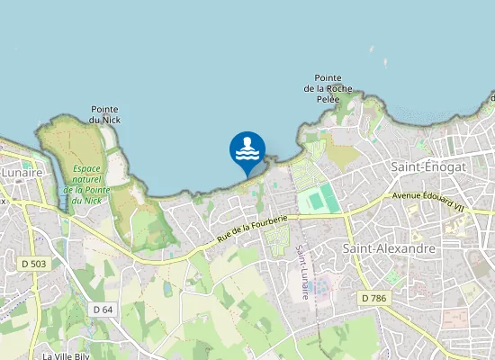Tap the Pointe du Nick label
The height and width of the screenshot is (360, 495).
[104, 113]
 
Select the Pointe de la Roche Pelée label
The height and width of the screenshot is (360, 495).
[328, 87]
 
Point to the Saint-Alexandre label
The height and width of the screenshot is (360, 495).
[390, 247]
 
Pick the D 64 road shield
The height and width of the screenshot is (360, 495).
[103, 309]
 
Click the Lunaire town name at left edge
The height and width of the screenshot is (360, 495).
[22, 171]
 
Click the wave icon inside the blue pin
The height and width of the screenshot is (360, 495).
[247, 148]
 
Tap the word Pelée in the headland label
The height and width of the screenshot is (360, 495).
[328, 98]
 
